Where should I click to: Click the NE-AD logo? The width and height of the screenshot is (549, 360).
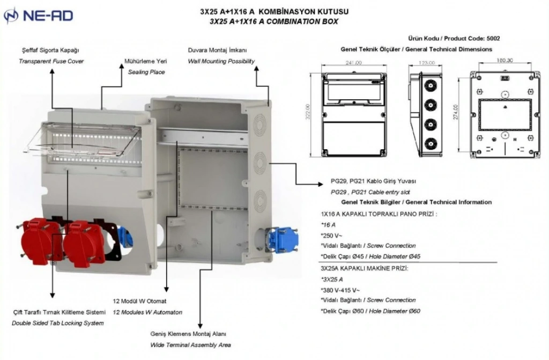38,17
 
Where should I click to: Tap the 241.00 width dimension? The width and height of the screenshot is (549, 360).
353,63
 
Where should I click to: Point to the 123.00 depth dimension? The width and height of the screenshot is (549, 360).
426,63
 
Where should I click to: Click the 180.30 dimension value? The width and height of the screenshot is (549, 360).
505,60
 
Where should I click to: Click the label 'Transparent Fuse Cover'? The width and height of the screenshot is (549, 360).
51,61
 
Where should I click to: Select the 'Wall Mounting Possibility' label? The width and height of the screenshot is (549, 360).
221,61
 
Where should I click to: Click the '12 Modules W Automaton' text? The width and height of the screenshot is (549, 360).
147,312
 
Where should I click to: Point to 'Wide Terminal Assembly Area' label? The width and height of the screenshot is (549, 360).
190,345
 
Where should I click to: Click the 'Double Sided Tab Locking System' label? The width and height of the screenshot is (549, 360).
57,323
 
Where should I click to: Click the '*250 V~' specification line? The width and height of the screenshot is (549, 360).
331,235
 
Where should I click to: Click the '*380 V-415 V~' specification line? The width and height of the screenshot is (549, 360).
340,290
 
